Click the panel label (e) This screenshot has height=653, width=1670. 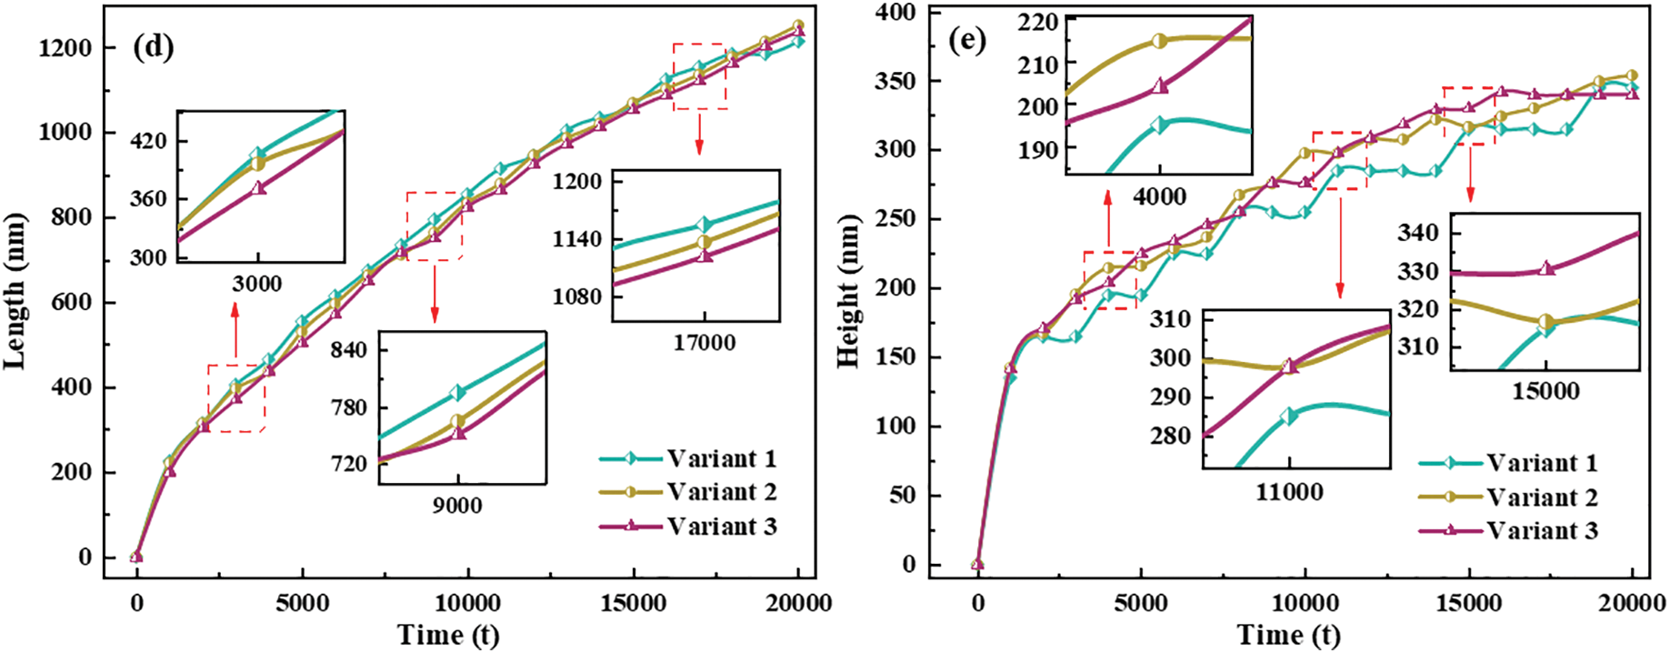click(x=966, y=41)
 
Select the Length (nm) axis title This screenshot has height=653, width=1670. click(x=15, y=291)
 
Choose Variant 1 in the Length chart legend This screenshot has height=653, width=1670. click(x=721, y=458)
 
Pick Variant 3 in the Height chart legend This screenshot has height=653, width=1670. click(x=1542, y=531)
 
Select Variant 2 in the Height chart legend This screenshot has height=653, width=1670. click(x=1542, y=497)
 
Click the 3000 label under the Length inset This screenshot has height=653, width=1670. click(x=257, y=284)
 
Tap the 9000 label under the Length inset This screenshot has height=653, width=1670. click(x=457, y=506)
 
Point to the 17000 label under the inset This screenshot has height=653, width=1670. click(x=705, y=343)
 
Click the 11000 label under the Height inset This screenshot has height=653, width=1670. click(x=1289, y=492)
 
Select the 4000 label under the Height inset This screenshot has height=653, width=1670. click(x=1160, y=196)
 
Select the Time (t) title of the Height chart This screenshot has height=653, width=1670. click(x=1288, y=635)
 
